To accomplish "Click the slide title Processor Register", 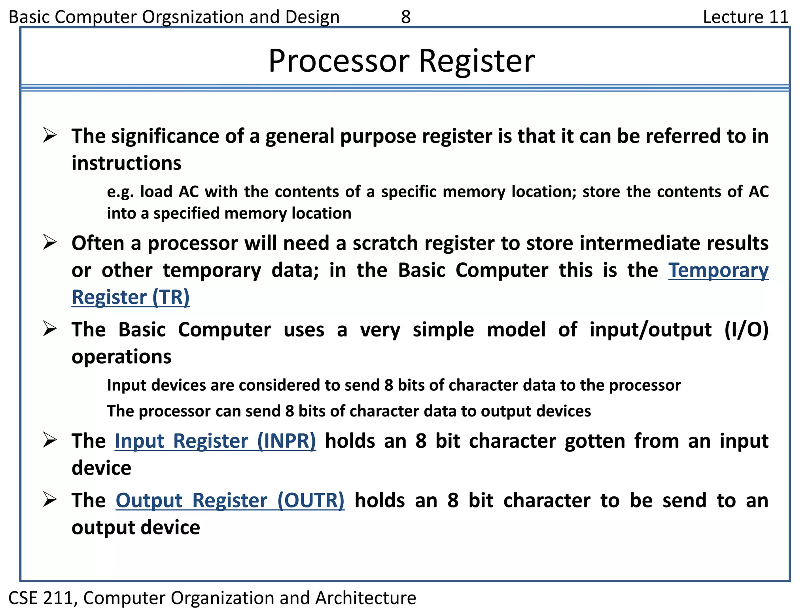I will tap(401, 61).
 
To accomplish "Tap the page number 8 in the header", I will tap(406, 17).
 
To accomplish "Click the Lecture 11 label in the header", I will tap(746, 17).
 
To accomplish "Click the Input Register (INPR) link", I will tap(215, 441).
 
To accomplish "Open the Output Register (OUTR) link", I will tap(230, 500).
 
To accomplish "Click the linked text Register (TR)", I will tap(131, 297).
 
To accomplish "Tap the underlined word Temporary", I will tap(718, 270).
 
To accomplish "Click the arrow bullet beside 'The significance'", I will tap(50, 135).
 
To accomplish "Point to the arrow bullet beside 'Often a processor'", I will tap(50, 242).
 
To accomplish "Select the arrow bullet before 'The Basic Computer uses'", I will tap(50, 329).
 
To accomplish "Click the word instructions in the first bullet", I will tap(127, 163).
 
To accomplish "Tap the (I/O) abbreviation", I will tap(746, 330).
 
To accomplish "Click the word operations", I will tap(121, 357).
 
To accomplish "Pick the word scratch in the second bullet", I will tap(385, 243).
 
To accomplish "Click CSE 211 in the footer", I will tap(41, 598).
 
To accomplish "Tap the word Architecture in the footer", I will tap(365, 598).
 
